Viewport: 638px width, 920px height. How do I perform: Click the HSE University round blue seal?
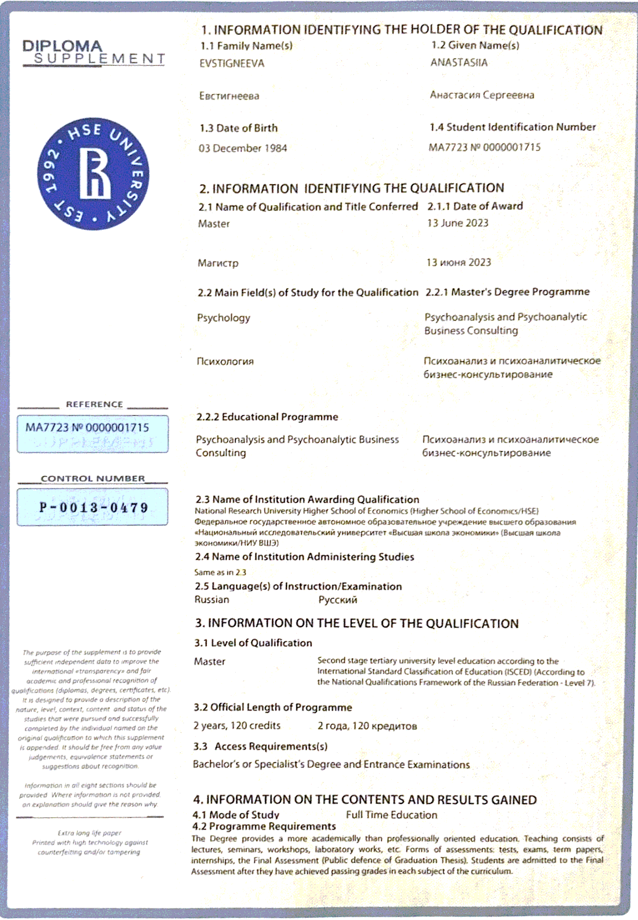(93, 174)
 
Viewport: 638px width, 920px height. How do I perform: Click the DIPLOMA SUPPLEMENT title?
(93, 53)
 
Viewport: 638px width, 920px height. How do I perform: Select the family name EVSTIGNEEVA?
(231, 63)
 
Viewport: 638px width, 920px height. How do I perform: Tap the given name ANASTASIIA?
(459, 62)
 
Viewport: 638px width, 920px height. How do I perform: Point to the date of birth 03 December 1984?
(243, 148)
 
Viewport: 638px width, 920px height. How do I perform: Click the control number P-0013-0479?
(93, 507)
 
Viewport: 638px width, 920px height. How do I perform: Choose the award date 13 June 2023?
(458, 223)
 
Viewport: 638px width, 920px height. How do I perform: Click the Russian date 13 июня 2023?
(458, 262)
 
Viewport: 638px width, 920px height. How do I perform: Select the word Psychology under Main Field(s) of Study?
(224, 318)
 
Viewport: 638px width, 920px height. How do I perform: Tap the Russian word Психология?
(225, 361)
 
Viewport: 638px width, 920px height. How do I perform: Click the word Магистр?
(218, 263)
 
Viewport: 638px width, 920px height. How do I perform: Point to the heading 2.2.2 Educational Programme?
(267, 417)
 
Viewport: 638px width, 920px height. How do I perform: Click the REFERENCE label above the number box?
(94, 404)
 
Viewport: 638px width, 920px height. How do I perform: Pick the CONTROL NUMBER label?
(93, 478)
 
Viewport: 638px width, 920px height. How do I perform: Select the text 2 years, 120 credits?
(237, 725)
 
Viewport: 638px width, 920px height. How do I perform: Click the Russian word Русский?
(337, 600)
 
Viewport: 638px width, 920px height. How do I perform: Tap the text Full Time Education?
(391, 814)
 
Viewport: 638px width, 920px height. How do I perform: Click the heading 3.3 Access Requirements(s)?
(260, 746)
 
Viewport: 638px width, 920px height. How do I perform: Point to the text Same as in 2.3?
(220, 572)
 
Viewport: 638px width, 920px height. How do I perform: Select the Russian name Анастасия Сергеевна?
(482, 95)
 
